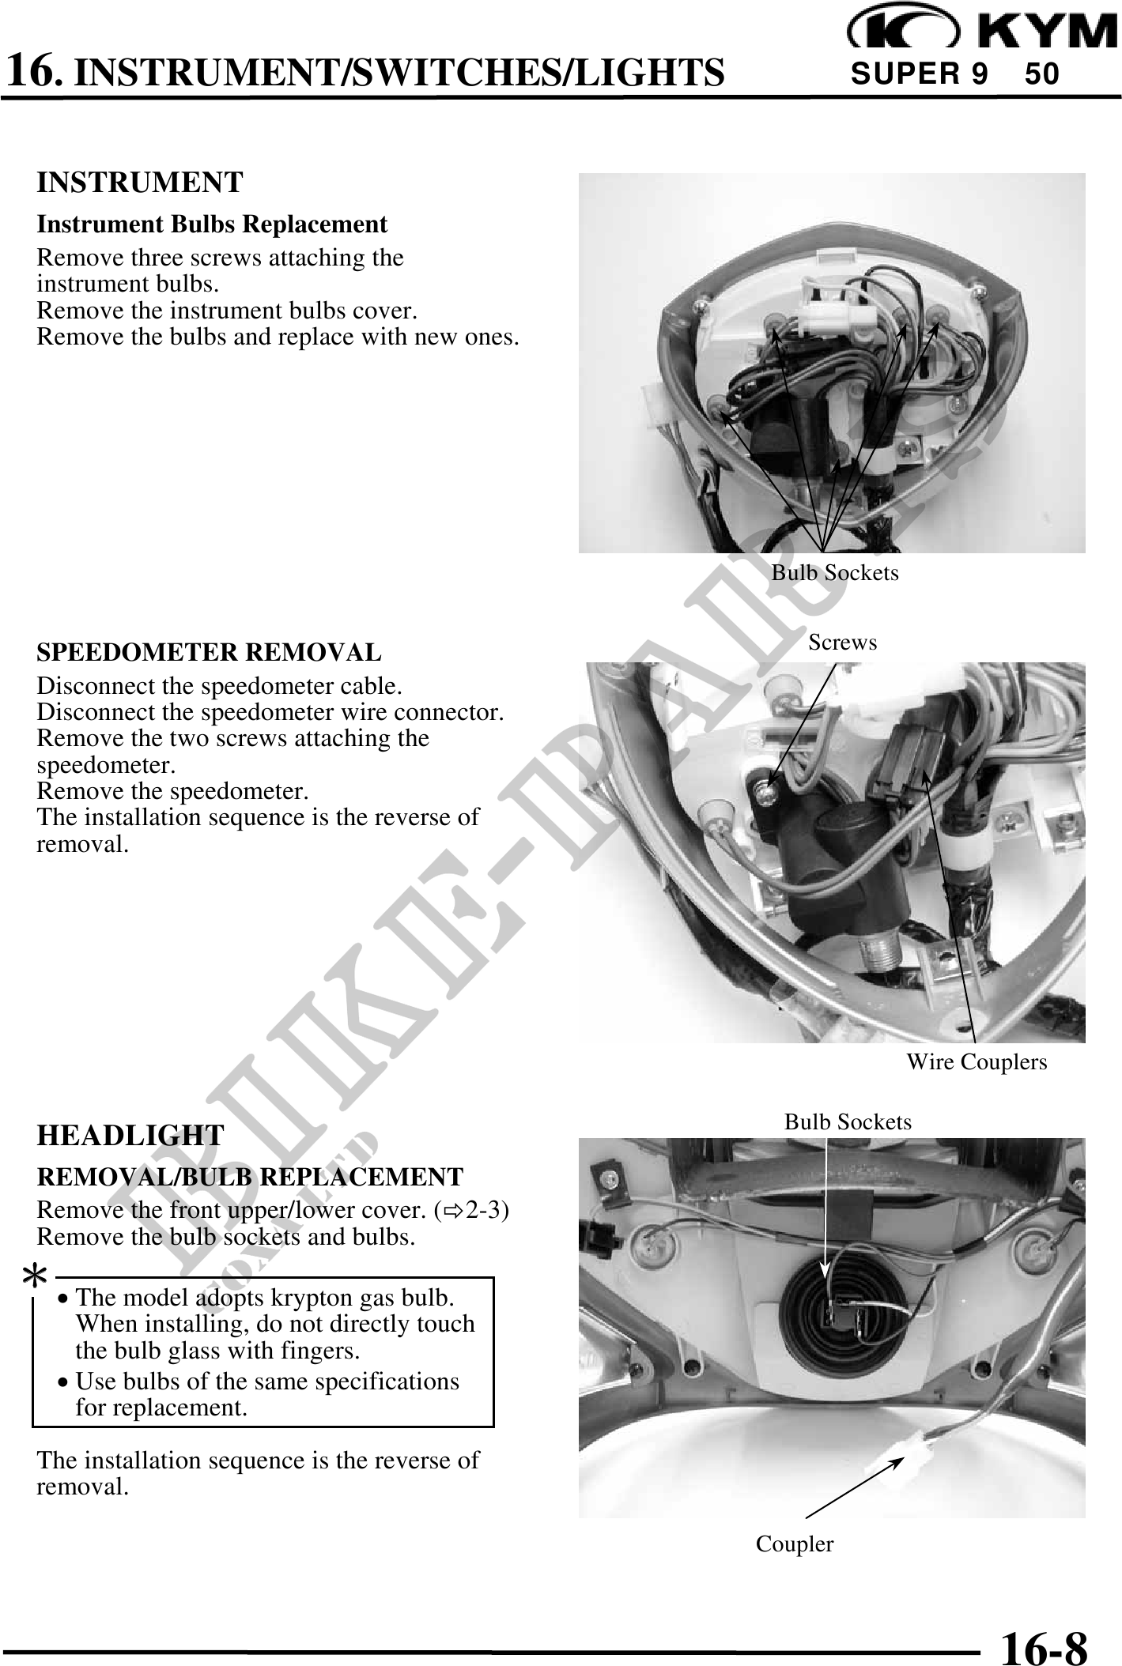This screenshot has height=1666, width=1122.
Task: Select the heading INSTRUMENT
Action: pyautogui.click(x=140, y=183)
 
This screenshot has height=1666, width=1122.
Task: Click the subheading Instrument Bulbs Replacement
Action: pyautogui.click(x=213, y=224)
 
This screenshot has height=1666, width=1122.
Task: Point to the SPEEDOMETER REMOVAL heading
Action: pyautogui.click(x=209, y=653)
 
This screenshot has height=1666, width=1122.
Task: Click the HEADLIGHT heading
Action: pyautogui.click(x=130, y=1136)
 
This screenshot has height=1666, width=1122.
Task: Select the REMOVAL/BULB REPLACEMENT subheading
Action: pyautogui.click(x=250, y=1177)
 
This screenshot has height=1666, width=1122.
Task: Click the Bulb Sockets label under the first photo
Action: pyautogui.click(x=835, y=572)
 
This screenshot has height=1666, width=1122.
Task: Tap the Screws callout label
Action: pyautogui.click(x=843, y=643)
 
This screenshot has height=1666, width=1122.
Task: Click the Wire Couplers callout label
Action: pyautogui.click(x=977, y=1062)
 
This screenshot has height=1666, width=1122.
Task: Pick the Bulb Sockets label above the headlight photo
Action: pyautogui.click(x=848, y=1122)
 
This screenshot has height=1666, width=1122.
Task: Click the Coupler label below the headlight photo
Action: pyautogui.click(x=795, y=1544)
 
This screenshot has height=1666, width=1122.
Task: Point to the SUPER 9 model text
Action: pyautogui.click(x=919, y=74)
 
